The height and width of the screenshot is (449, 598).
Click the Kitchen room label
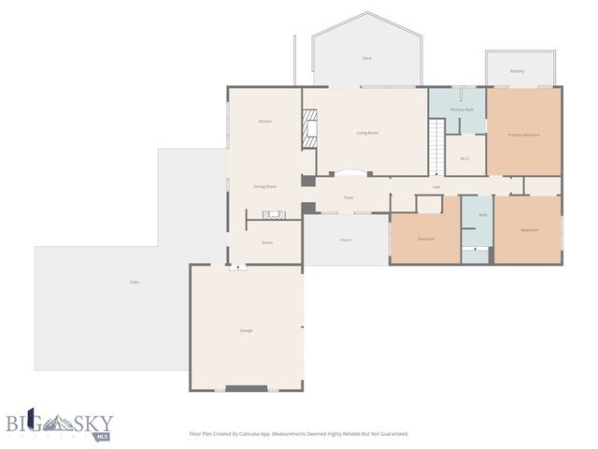tap(264, 122)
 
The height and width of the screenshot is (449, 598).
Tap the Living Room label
tap(367, 133)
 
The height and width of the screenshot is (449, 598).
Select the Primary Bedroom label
tap(523, 135)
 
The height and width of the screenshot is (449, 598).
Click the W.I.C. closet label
tap(464, 158)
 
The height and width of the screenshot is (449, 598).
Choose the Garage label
tap(246, 330)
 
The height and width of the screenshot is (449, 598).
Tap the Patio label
tap(135, 282)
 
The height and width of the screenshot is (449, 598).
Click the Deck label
tap(367, 58)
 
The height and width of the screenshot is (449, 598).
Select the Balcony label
tap(517, 71)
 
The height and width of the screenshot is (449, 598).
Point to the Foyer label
tap(349, 197)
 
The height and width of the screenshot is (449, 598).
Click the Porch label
tap(346, 240)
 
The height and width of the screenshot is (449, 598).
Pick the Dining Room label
tap(265, 186)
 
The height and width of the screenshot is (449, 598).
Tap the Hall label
tap(436, 187)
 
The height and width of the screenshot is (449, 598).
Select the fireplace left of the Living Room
tap(308, 129)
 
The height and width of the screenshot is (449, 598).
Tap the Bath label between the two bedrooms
tap(483, 215)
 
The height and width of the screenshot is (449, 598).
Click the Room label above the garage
tap(266, 242)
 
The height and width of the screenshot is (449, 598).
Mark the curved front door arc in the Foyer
tap(351, 173)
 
